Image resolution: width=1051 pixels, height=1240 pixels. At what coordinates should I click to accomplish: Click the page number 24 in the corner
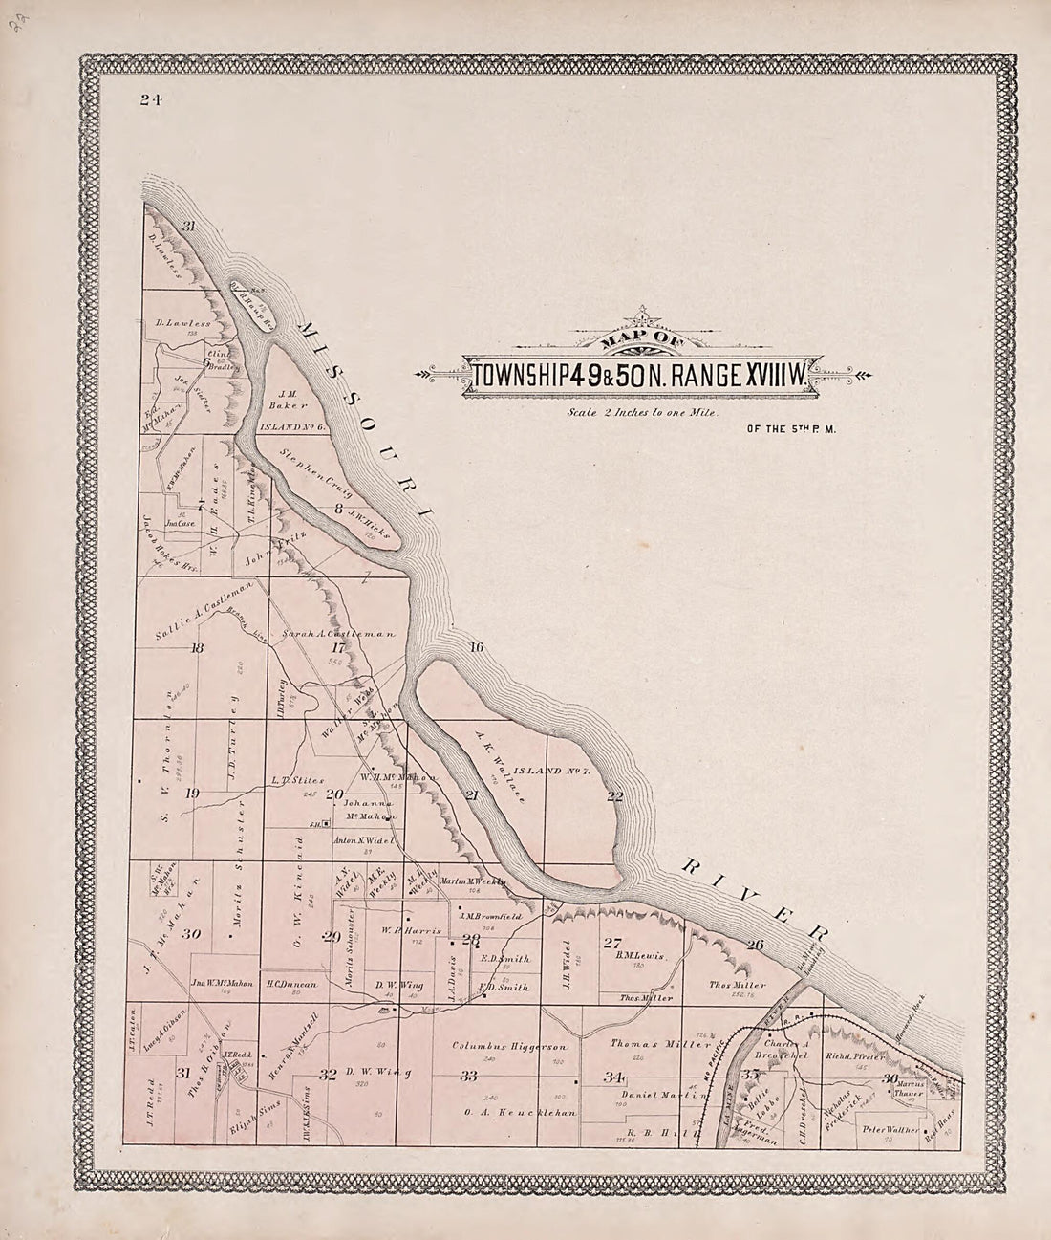pos(148,99)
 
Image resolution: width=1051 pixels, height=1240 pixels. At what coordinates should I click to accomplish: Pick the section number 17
pos(336,647)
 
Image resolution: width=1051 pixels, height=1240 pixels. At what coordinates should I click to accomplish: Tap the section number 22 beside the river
pos(614,795)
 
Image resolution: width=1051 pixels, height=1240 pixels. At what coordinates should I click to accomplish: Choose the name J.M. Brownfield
pos(495,915)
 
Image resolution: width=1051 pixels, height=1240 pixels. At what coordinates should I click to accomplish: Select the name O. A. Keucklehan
pos(516,1112)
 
